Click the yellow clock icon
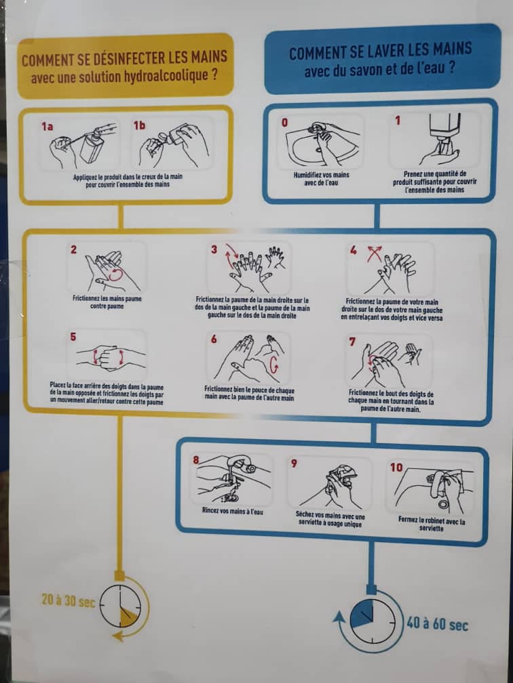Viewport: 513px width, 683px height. tap(120, 606)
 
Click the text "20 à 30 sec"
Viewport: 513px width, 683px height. tap(68, 600)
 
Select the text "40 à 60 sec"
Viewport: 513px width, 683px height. tap(437, 624)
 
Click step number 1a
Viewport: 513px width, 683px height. tap(47, 127)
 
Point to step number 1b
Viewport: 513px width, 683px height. tap(140, 125)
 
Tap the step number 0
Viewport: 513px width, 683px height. tap(284, 123)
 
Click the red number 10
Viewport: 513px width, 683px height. tap(396, 468)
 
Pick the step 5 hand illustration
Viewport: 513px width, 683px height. tap(111, 358)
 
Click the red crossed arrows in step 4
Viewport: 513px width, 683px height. tap(374, 253)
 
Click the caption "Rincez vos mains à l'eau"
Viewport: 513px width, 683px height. tap(233, 511)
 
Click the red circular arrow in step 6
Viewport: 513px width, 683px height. tap(273, 365)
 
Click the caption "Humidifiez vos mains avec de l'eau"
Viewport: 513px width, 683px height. tap(322, 179)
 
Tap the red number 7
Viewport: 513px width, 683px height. tap(352, 342)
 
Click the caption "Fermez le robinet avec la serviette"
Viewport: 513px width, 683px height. tap(432, 524)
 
